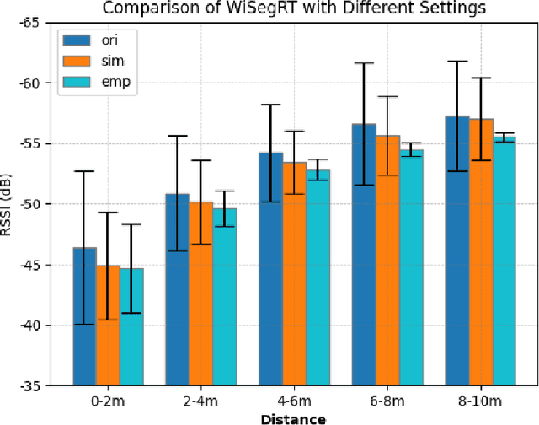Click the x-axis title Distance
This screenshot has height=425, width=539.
[294, 418]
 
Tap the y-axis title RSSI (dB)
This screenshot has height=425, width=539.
[8, 204]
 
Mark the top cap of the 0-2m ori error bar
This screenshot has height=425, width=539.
[84, 171]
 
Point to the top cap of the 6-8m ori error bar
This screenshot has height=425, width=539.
[364, 63]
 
